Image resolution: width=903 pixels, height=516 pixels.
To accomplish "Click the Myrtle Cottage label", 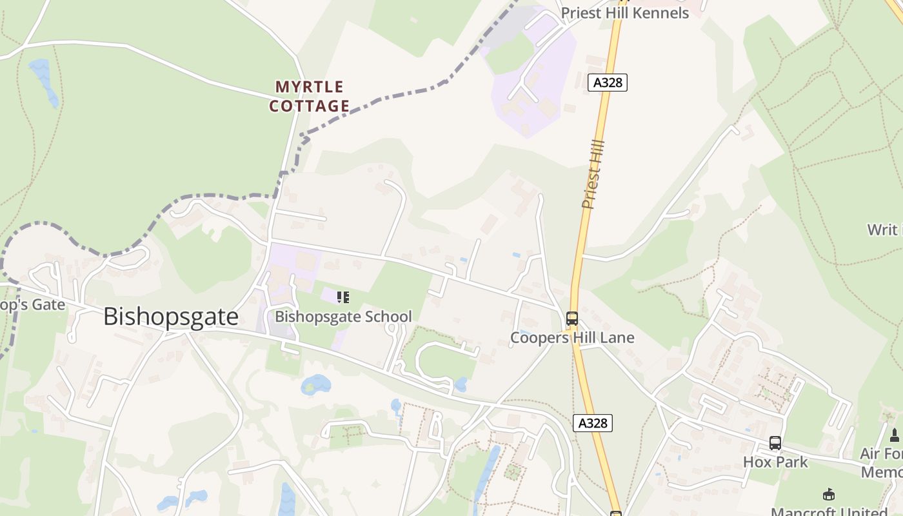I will tap(310, 96).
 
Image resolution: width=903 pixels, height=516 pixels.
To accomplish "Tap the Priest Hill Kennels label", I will tap(624, 13).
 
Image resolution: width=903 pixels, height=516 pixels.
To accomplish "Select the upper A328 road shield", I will tap(608, 83).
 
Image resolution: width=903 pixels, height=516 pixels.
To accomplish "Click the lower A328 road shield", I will tap(592, 423).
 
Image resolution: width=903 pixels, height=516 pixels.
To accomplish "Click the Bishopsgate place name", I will tap(171, 317).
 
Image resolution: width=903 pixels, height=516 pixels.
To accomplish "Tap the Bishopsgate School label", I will tap(343, 317).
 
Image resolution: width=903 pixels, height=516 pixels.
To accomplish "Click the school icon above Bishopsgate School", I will tap(343, 297).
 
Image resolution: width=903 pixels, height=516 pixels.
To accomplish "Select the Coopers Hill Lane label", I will tap(572, 337).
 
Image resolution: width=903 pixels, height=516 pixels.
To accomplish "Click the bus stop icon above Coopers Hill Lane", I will tap(571, 318).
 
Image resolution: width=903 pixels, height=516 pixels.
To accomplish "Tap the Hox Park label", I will tap(775, 462).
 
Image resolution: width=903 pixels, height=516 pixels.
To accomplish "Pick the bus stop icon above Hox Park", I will tap(775, 443).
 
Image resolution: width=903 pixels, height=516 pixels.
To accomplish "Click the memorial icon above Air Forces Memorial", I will tap(895, 435).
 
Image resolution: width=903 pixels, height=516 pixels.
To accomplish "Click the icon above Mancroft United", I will tap(829, 495).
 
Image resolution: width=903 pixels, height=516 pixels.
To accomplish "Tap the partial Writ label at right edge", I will tap(884, 230).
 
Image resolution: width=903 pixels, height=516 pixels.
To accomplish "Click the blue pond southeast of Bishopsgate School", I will tap(316, 384).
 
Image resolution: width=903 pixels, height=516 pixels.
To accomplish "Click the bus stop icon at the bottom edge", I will tap(616, 513).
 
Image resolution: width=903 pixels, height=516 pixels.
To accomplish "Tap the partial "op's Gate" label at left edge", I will tap(32, 304).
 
